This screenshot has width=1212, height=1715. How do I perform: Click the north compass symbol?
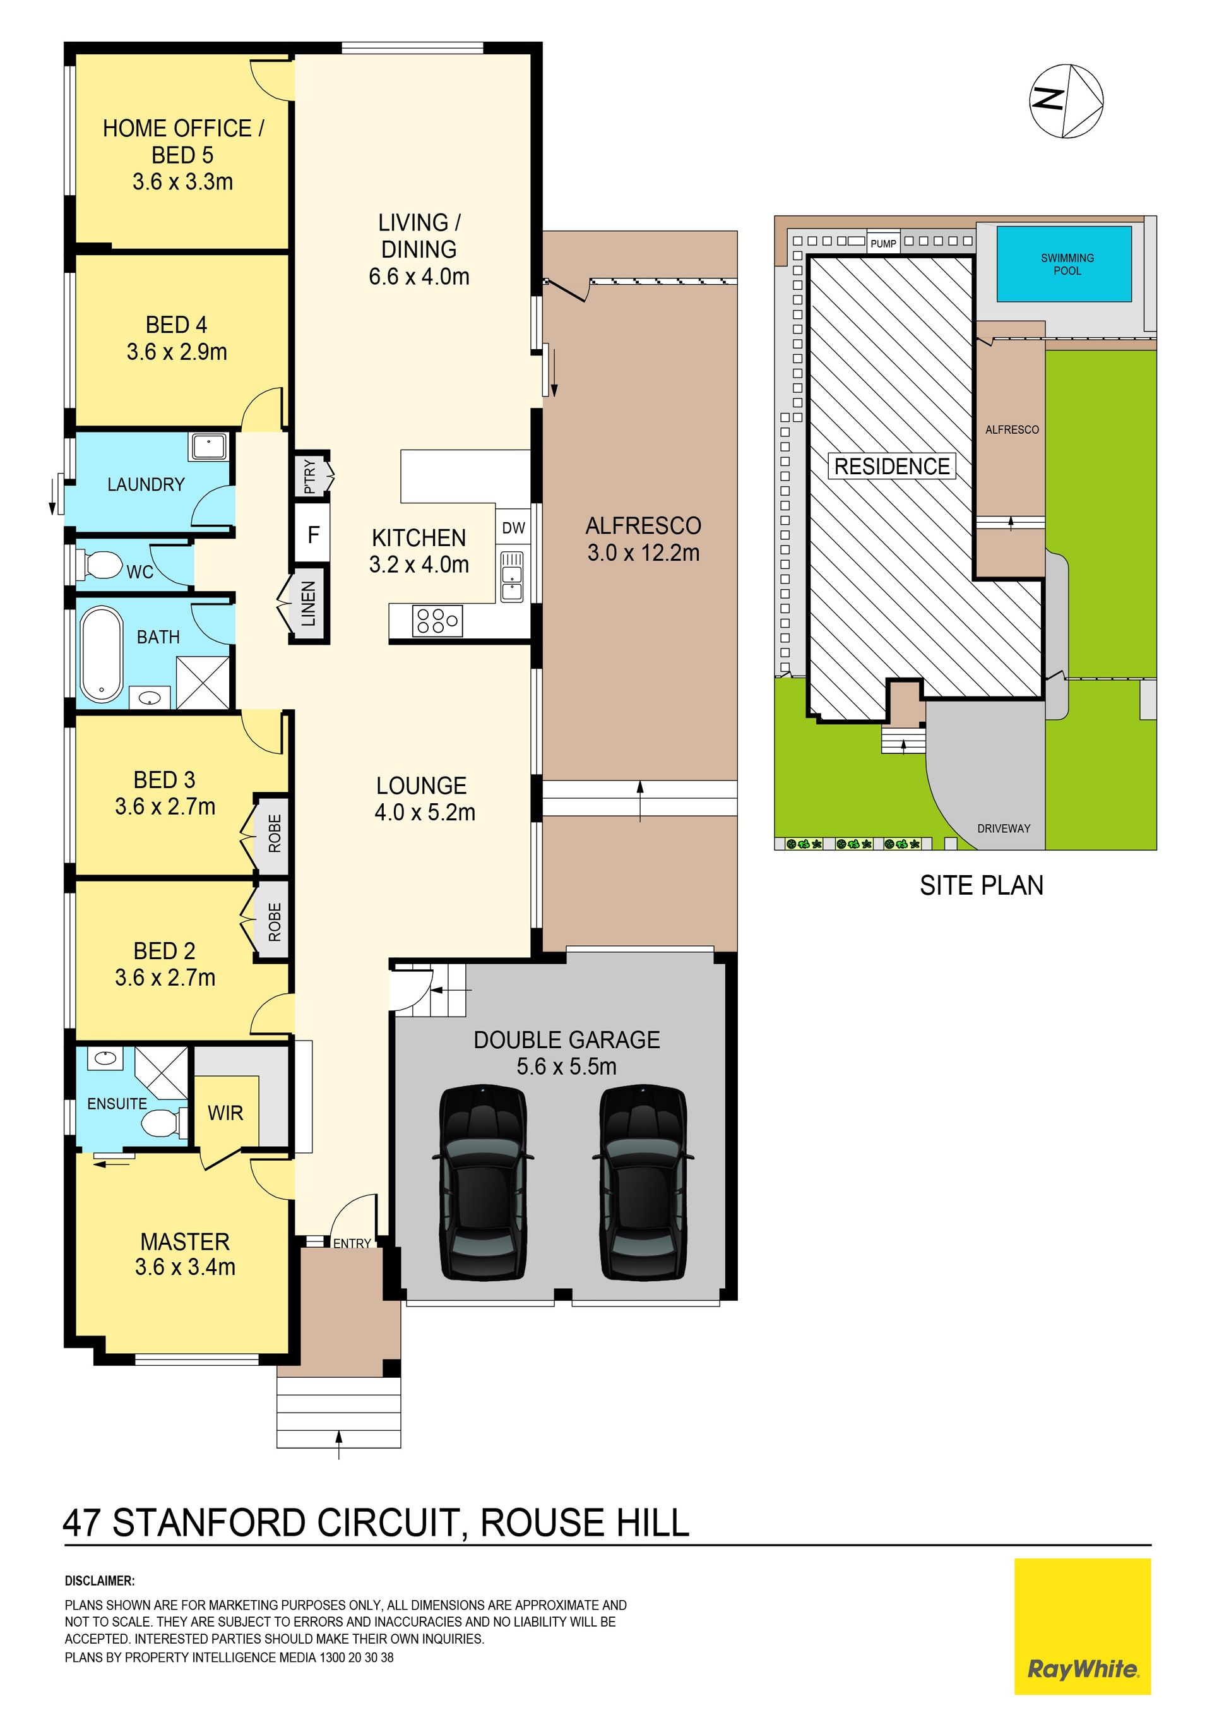pyautogui.click(x=1066, y=101)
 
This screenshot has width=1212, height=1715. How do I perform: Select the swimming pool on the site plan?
pyautogui.click(x=1064, y=264)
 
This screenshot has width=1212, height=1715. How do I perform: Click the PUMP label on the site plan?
pyautogui.click(x=883, y=244)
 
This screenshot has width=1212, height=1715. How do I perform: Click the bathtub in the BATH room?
pyautogui.click(x=102, y=655)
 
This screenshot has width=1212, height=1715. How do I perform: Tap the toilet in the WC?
pyautogui.click(x=101, y=565)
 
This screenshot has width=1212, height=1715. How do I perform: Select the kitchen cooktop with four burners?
pyautogui.click(x=437, y=621)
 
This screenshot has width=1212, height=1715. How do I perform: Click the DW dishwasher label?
pyautogui.click(x=514, y=528)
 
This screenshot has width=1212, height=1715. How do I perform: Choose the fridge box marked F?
pyautogui.click(x=314, y=534)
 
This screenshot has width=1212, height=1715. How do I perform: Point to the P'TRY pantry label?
pyautogui.click(x=310, y=476)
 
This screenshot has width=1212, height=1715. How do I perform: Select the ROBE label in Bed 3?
pyautogui.click(x=275, y=834)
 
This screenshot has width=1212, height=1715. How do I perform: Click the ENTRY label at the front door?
pyautogui.click(x=352, y=1243)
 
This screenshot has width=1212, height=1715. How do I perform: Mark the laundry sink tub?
pyautogui.click(x=209, y=446)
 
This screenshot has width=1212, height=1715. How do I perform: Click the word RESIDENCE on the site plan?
pyautogui.click(x=891, y=467)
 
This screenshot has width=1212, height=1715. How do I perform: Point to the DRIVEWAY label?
pyautogui.click(x=1004, y=828)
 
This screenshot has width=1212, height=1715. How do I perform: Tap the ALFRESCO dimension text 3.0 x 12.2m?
pyautogui.click(x=643, y=553)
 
